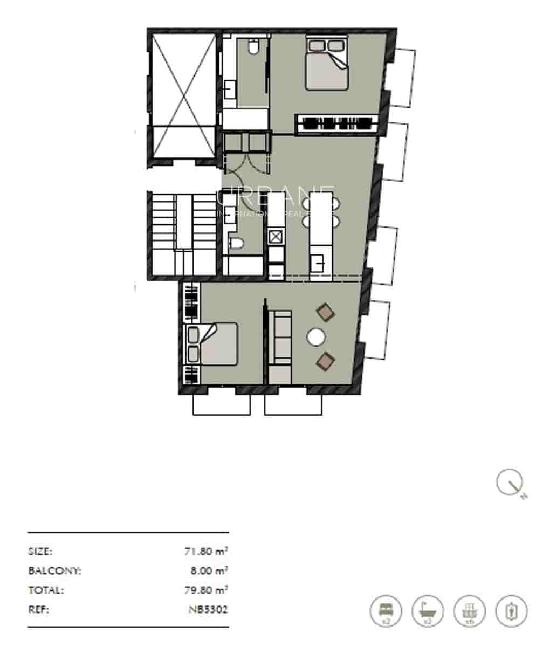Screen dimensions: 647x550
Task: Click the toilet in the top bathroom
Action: pyautogui.click(x=252, y=47)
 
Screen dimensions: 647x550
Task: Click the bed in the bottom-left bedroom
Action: pyautogui.click(x=212, y=344)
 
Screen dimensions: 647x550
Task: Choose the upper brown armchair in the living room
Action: pyautogui.click(x=325, y=312)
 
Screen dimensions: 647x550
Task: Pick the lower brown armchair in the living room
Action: pyautogui.click(x=325, y=361)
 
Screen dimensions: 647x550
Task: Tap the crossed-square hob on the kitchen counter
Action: pyautogui.click(x=276, y=236)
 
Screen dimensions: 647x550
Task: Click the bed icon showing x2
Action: pyautogui.click(x=386, y=611)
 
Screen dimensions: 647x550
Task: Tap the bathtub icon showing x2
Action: pyautogui.click(x=428, y=611)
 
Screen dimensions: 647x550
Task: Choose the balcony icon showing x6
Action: pyautogui.click(x=470, y=611)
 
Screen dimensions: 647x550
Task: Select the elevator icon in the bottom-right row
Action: pyautogui.click(x=512, y=611)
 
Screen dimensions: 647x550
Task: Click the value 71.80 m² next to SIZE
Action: pyautogui.click(x=205, y=552)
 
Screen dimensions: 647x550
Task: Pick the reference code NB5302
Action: pyautogui.click(x=208, y=610)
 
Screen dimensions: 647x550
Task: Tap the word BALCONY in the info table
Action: pyautogui.click(x=54, y=571)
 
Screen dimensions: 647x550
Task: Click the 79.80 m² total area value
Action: pyautogui.click(x=205, y=590)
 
